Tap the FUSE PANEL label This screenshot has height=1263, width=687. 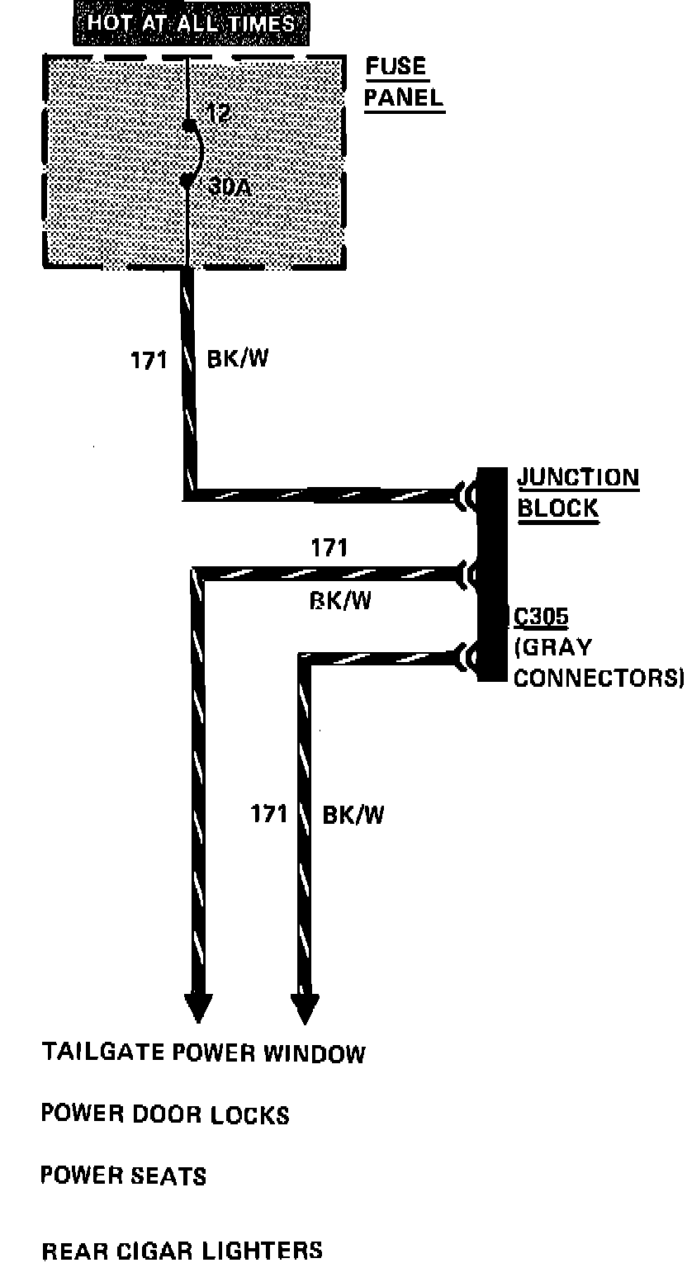pos(404,83)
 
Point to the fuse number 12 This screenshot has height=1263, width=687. pos(218,114)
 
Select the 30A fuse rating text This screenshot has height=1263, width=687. pos(229,187)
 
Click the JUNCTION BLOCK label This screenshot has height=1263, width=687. pos(577,492)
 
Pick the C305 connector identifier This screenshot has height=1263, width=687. pos(541,617)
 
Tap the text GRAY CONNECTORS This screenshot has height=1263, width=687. pos(598,662)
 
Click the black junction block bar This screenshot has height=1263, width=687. pos(492,575)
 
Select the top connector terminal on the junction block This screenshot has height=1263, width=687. pos(468,497)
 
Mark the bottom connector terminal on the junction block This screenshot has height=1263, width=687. pos(468,658)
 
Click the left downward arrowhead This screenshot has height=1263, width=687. pos(199,1007)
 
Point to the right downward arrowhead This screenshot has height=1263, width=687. pos(306,1007)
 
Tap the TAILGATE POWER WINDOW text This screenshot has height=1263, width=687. pos(203,1053)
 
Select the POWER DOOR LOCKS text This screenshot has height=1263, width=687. pos(165,1115)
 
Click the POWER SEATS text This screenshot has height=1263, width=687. pos(123,1175)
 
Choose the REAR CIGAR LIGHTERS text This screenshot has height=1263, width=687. pos(182,1250)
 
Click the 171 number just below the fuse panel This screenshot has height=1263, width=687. pos(149,361)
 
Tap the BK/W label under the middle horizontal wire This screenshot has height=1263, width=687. pos(340,600)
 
